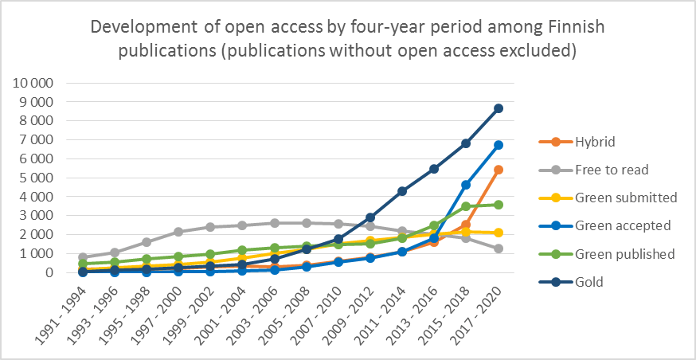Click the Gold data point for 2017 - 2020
pos(499,108)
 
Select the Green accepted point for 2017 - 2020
pos(499,145)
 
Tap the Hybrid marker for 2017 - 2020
pos(499,170)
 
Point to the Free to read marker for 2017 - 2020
pos(499,248)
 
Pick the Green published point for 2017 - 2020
pos(499,205)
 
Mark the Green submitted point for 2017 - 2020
pos(499,233)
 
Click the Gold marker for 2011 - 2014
pos(402,191)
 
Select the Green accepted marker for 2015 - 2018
pos(467,185)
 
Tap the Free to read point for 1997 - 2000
pos(178,232)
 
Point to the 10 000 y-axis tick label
pos(31,84)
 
